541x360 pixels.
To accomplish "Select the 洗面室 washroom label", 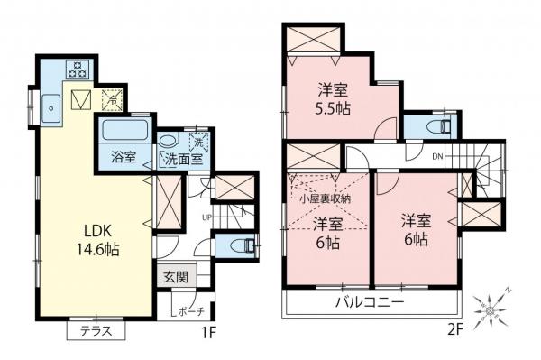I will pos(183,159).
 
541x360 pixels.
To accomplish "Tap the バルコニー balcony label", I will pos(371,302).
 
